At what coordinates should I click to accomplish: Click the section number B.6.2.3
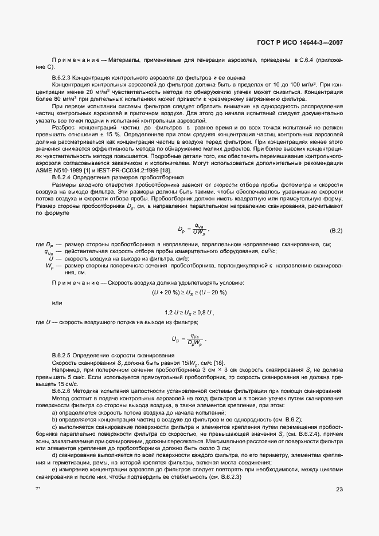click(x=64, y=77)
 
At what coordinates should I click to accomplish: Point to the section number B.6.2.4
click(x=64, y=178)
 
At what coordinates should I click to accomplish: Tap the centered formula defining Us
click(x=189, y=339)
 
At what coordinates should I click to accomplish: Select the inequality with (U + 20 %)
click(x=189, y=293)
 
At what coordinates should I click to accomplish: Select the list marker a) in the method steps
click(x=54, y=412)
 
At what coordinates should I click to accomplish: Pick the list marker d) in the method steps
click(x=54, y=455)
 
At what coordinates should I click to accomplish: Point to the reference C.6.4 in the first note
click(x=304, y=60)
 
